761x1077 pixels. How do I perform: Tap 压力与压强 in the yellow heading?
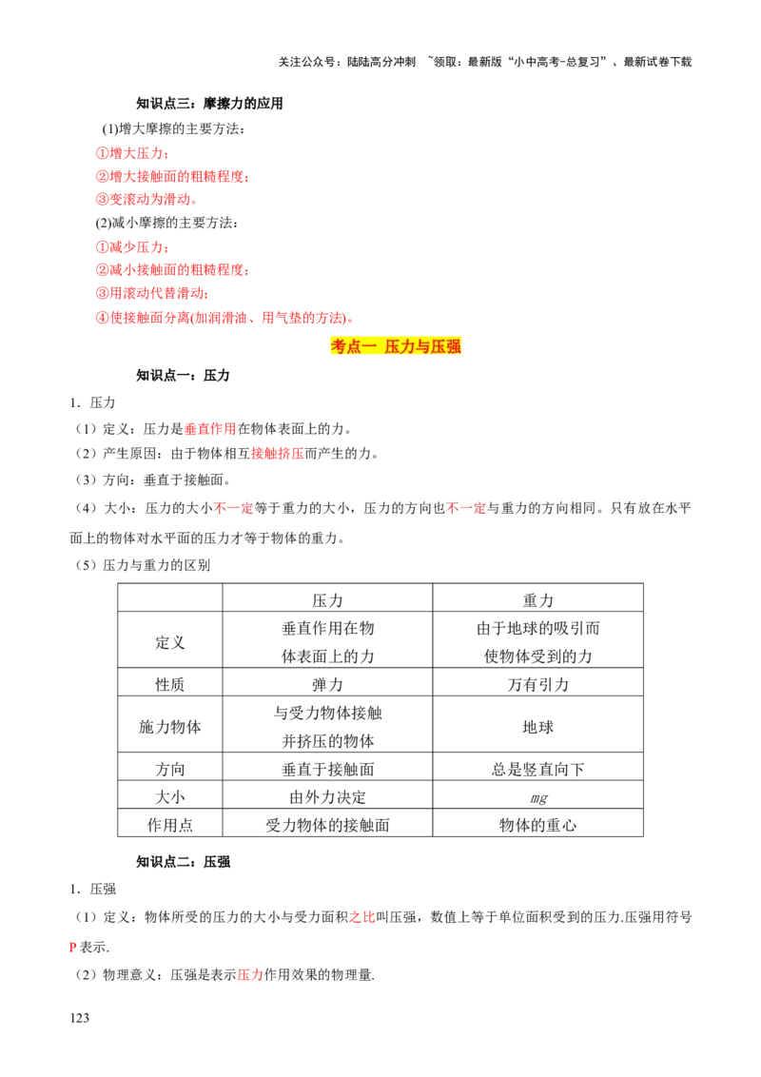coord(423,347)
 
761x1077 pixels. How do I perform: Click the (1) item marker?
coord(86,429)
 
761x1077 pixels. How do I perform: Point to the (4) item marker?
coord(86,509)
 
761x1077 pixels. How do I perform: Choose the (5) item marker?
coord(86,566)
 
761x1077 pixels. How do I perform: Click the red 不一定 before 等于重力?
coord(234,509)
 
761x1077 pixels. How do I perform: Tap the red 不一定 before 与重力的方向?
coord(466,509)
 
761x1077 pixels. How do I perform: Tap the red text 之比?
coord(362,917)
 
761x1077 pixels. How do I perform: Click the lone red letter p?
coord(72,948)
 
